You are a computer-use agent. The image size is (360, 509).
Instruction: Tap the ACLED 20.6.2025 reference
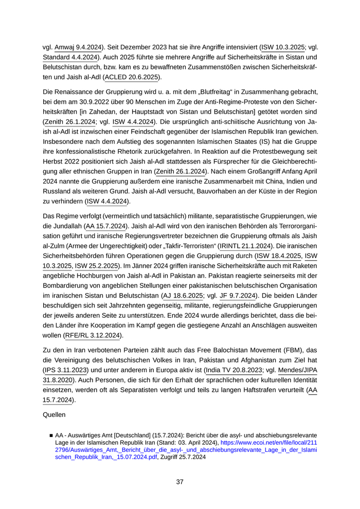coord(132,77)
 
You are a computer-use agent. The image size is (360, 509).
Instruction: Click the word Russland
coord(60,191)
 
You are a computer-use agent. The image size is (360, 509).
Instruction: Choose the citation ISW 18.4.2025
coord(278,256)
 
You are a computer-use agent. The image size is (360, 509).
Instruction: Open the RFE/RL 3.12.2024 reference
coord(93,336)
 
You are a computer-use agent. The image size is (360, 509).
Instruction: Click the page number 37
coord(180,482)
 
